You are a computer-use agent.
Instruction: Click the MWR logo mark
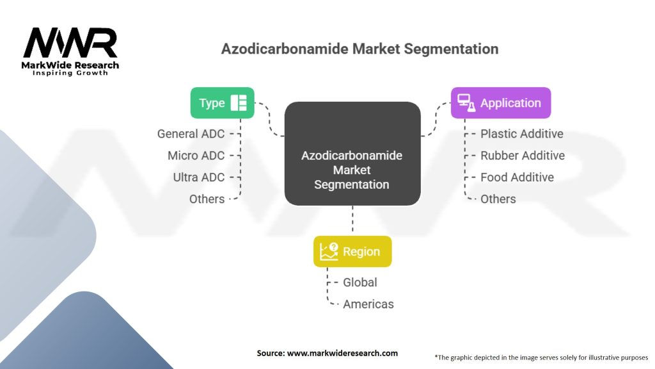[x=70, y=43]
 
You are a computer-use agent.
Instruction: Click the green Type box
[x=222, y=103]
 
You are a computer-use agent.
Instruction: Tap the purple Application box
[x=501, y=103]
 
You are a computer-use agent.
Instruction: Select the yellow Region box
[x=352, y=251]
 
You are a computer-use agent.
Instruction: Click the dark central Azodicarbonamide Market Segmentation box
[x=352, y=154]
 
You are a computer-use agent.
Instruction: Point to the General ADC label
[x=191, y=134]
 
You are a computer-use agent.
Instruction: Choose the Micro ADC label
[x=196, y=156]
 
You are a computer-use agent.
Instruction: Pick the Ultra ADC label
[x=199, y=177]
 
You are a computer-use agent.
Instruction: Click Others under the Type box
[x=207, y=199]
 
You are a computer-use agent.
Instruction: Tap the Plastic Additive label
[x=522, y=134]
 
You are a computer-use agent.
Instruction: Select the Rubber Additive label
[x=523, y=156]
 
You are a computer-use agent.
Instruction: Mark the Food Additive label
[x=517, y=177]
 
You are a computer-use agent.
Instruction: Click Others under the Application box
[x=498, y=199]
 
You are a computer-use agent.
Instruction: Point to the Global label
[x=360, y=283]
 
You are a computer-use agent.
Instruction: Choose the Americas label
[x=368, y=304]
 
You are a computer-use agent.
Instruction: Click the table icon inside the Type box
[x=239, y=103]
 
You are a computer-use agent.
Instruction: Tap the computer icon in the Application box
[x=466, y=103]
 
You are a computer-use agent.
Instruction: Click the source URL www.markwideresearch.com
[x=343, y=353]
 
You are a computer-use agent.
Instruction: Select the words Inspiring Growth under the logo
[x=70, y=73]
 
